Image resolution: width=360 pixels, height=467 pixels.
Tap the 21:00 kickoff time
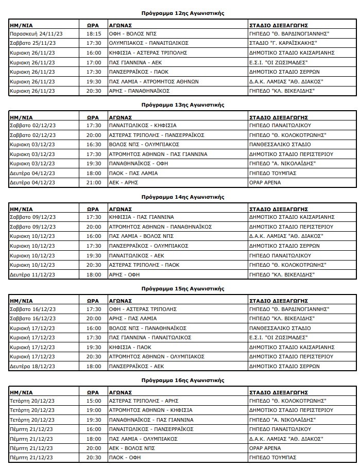[x=93, y=183]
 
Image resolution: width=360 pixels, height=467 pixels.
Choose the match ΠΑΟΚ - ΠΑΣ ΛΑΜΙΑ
[x=131, y=174]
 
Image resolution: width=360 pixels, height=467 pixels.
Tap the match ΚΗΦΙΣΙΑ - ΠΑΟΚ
[x=125, y=347]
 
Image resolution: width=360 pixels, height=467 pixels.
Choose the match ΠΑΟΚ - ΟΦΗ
[x=122, y=458]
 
